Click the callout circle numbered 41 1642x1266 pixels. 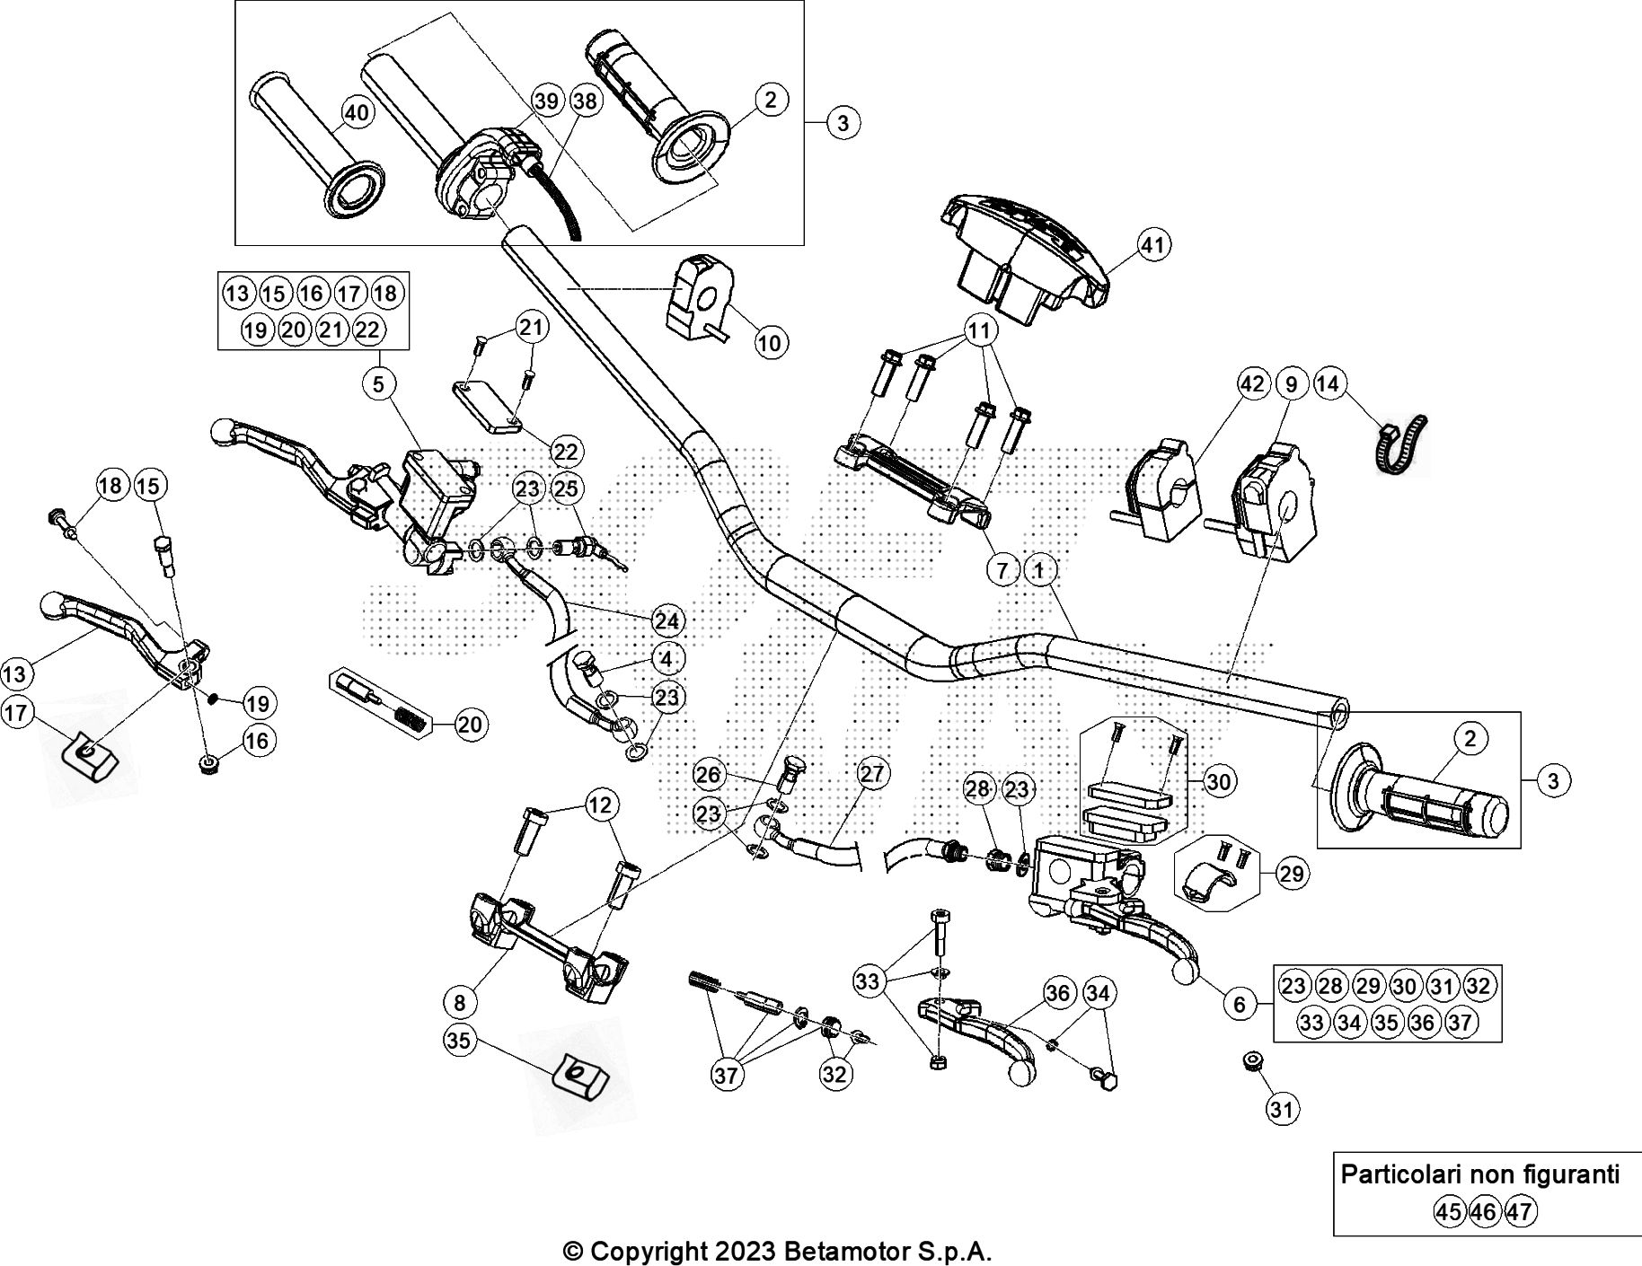[x=1154, y=245]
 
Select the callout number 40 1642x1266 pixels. [x=357, y=113]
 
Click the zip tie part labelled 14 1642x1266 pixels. [x=1399, y=442]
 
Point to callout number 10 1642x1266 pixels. [x=772, y=342]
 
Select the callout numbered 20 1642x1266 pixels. [x=470, y=724]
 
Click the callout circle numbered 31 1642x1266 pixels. [x=1283, y=1110]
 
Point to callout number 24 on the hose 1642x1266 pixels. [x=667, y=620]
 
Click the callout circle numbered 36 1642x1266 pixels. [x=1059, y=993]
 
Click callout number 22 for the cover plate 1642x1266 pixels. [x=567, y=452]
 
